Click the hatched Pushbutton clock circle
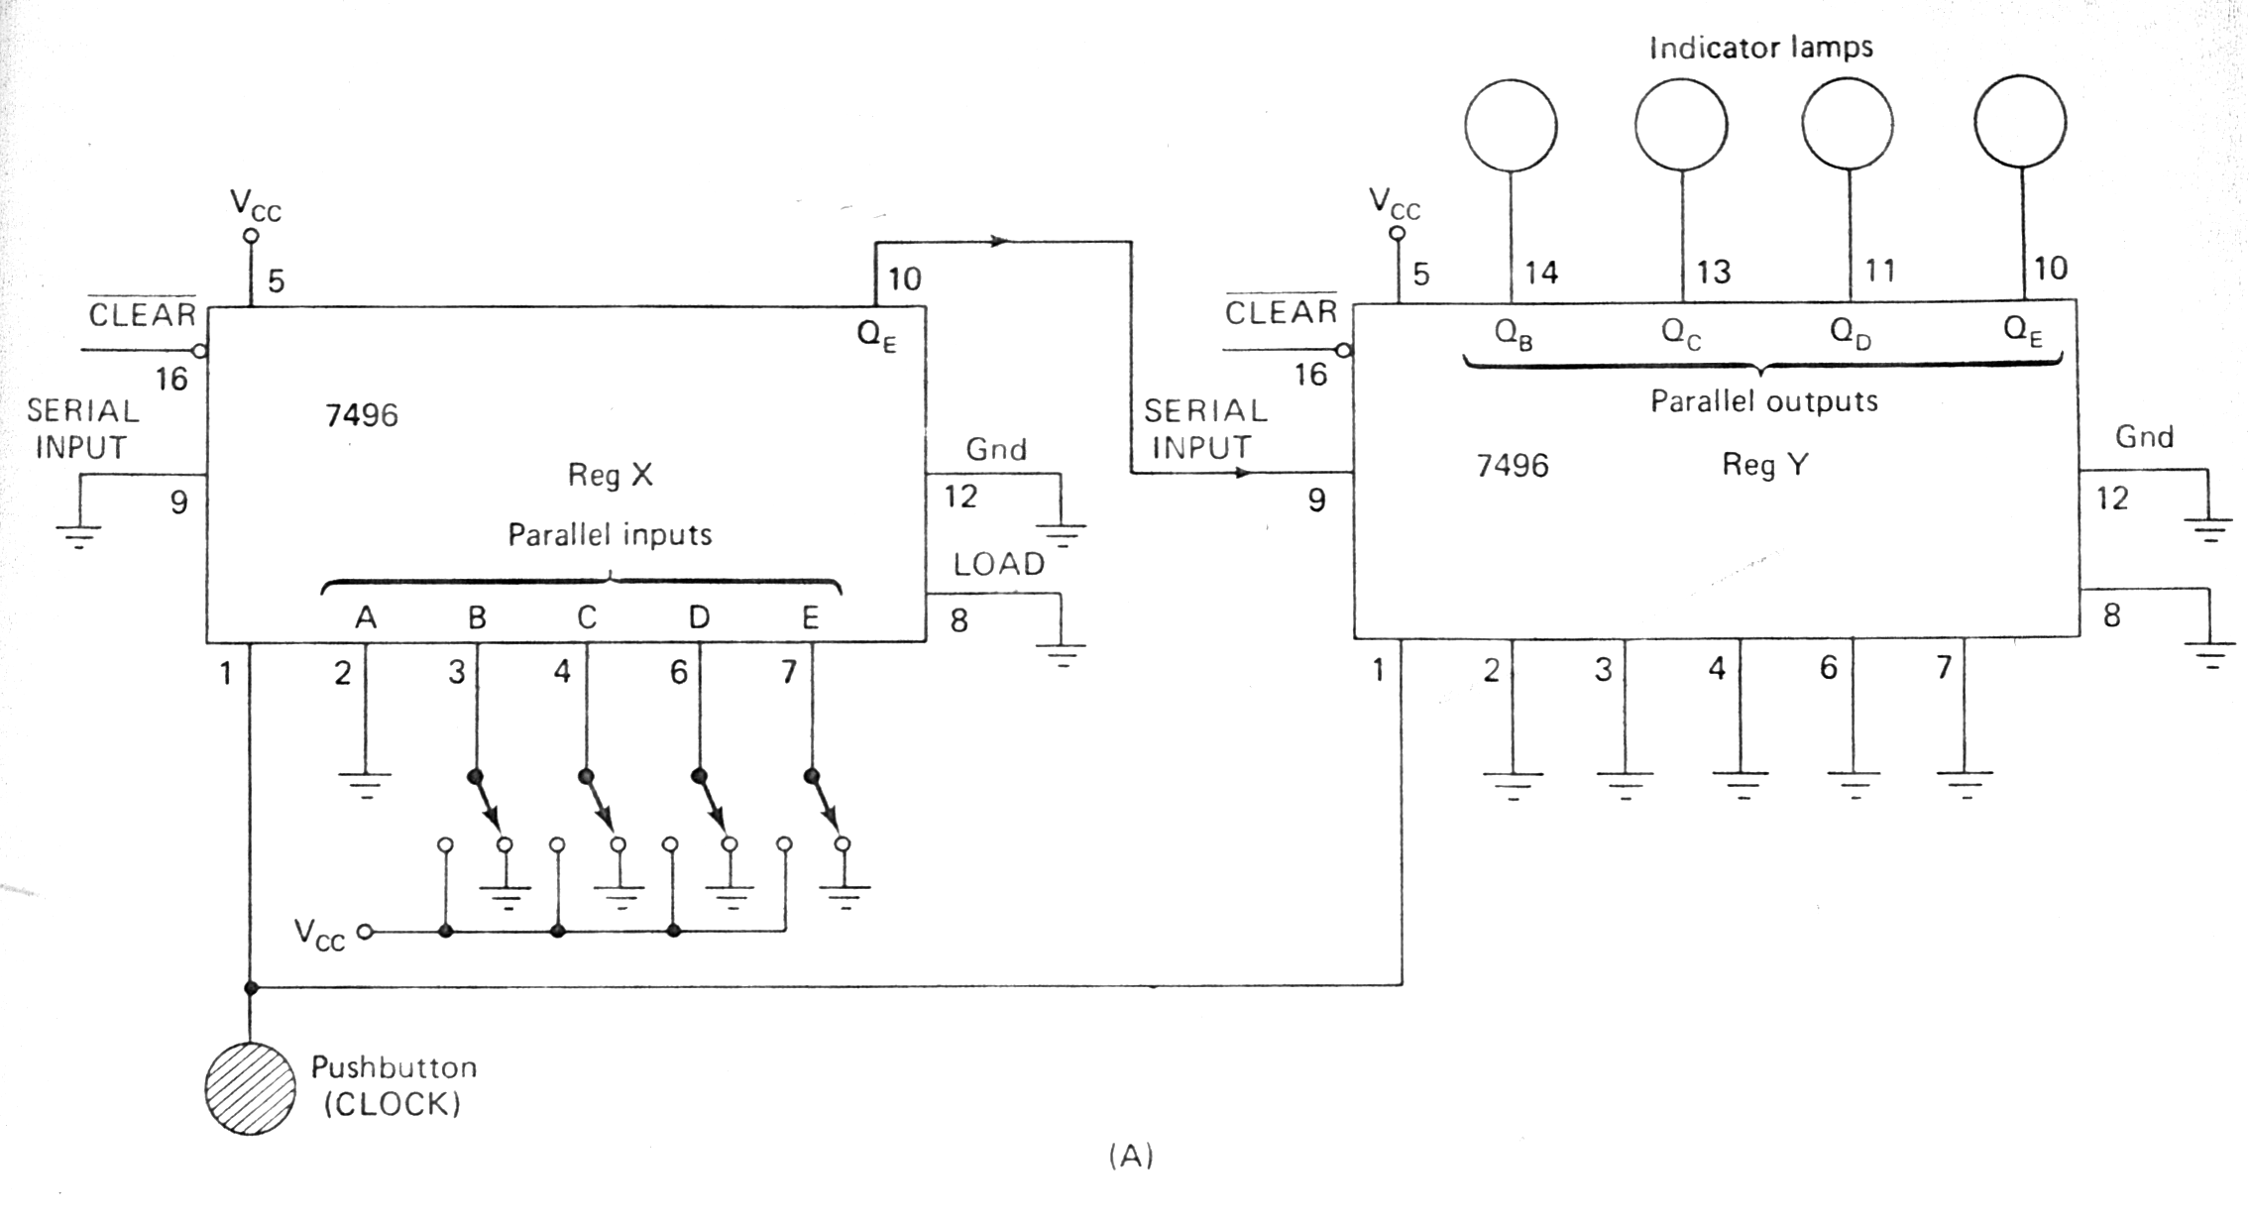[250, 1087]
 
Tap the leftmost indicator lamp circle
[1511, 126]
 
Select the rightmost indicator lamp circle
[2020, 123]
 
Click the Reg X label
[610, 475]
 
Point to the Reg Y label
[1764, 464]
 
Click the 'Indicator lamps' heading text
[1760, 48]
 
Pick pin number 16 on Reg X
[171, 379]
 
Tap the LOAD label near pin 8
[999, 564]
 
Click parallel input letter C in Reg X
[587, 617]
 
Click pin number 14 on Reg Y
[1541, 272]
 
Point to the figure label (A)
[1131, 1155]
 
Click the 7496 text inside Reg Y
[1512, 465]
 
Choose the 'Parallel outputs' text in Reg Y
[1763, 401]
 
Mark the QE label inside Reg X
[876, 336]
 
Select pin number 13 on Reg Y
[1713, 272]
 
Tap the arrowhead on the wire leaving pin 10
[1001, 241]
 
